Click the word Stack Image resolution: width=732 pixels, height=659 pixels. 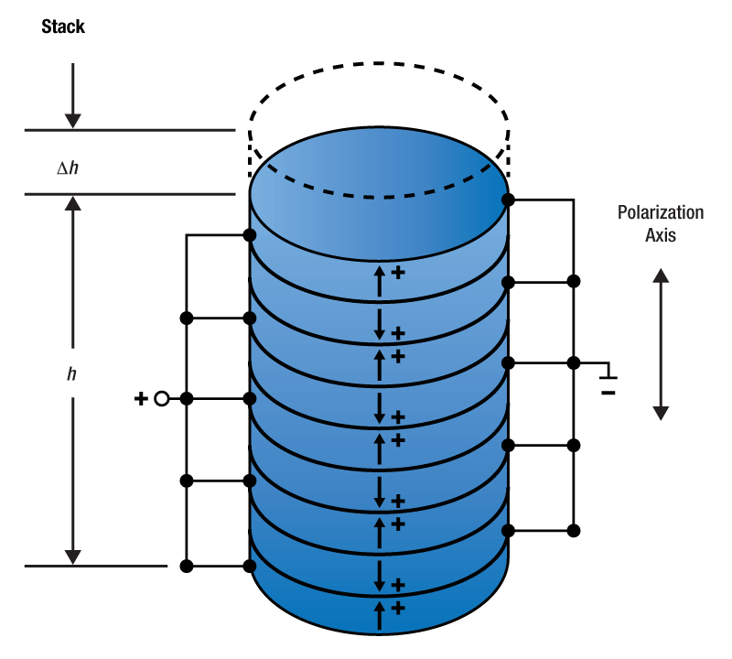[63, 27]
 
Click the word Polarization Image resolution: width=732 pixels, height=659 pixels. [661, 213]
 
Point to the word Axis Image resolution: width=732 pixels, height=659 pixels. [661, 234]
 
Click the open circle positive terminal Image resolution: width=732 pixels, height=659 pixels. [161, 399]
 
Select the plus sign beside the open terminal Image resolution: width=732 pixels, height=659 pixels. [141, 399]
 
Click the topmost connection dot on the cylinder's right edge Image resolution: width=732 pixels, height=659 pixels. [508, 199]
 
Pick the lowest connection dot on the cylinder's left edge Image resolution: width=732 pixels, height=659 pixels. [251, 567]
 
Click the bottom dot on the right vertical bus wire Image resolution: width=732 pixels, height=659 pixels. [574, 530]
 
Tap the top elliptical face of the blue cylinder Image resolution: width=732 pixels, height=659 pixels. [380, 165]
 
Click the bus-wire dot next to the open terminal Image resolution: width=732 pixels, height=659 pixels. [187, 399]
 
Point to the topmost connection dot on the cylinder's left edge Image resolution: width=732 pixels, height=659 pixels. [251, 235]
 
